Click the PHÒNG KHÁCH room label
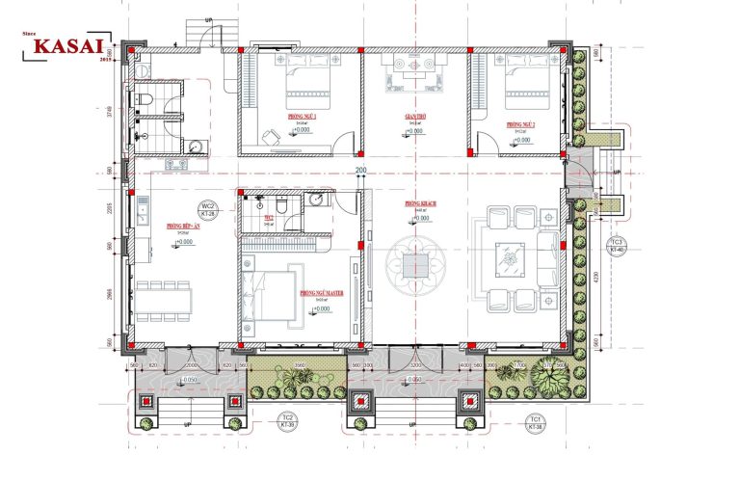422,204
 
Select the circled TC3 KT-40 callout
619,245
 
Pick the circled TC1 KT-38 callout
533,422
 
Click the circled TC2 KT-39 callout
287,421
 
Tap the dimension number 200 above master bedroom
361,172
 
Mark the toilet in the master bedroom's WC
280,206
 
